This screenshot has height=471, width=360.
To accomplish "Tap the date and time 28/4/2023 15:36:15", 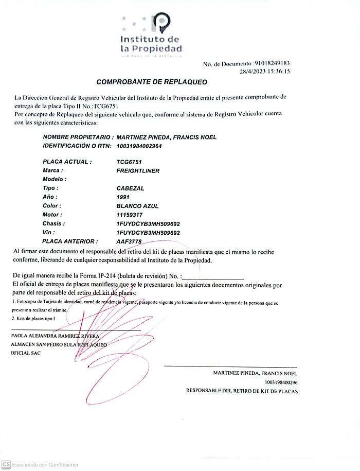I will pos(265,72).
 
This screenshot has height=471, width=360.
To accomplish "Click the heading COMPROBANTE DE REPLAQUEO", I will pos(152,82).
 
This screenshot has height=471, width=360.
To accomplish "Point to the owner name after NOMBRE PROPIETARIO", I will pos(167,137).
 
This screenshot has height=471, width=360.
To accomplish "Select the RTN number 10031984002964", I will pos(139,146).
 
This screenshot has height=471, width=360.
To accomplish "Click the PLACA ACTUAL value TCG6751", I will pos(129,162).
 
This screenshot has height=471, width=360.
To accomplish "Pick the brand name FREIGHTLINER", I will pos(138,170).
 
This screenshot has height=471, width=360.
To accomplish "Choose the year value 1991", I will pos(123,197).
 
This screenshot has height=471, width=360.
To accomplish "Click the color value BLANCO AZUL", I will pos(137,206).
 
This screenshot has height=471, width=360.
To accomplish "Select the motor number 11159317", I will pos(129,215).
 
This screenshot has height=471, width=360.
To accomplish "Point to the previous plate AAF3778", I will pos(129,241).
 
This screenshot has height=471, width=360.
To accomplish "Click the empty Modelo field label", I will pos(55,179).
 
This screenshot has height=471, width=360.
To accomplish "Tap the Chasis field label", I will pos(53,224).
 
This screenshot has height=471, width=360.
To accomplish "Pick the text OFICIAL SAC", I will pos(25,353).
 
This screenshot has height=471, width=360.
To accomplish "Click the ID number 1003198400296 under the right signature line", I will pos(281,382).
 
